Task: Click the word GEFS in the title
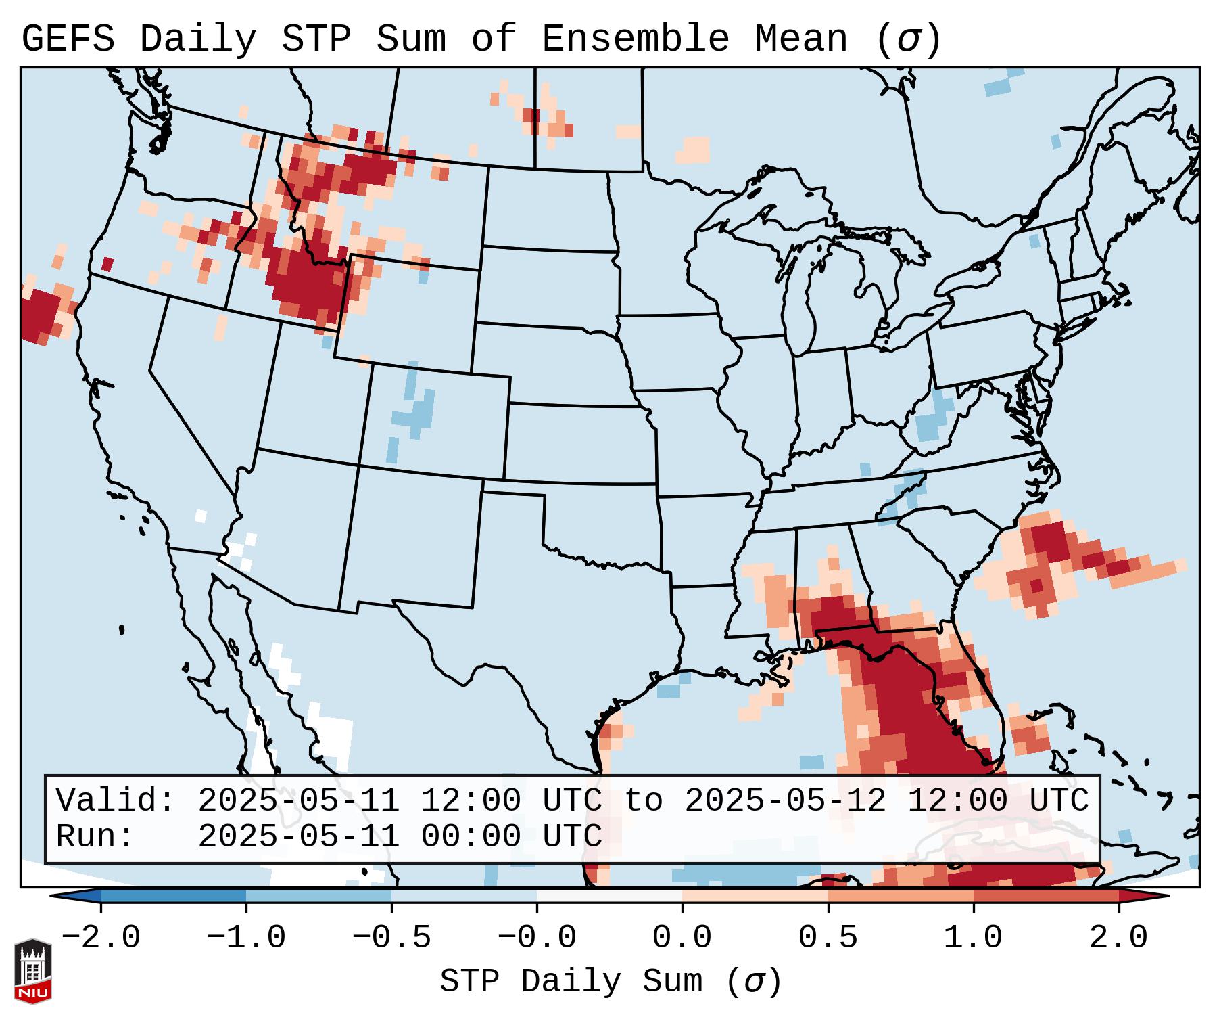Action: pyautogui.click(x=68, y=39)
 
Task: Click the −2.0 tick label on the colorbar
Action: pyautogui.click(x=101, y=938)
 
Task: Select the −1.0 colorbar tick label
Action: pyautogui.click(x=246, y=938)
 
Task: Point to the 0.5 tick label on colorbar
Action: pyautogui.click(x=828, y=938)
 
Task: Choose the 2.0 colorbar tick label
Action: pyautogui.click(x=1118, y=938)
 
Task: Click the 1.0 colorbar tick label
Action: pyautogui.click(x=973, y=938)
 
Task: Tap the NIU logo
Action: pyautogui.click(x=32, y=970)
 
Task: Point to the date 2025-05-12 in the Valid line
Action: pyautogui.click(x=785, y=801)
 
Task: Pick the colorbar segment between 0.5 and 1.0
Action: pyautogui.click(x=900, y=897)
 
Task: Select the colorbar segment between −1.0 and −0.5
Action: pyautogui.click(x=318, y=897)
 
